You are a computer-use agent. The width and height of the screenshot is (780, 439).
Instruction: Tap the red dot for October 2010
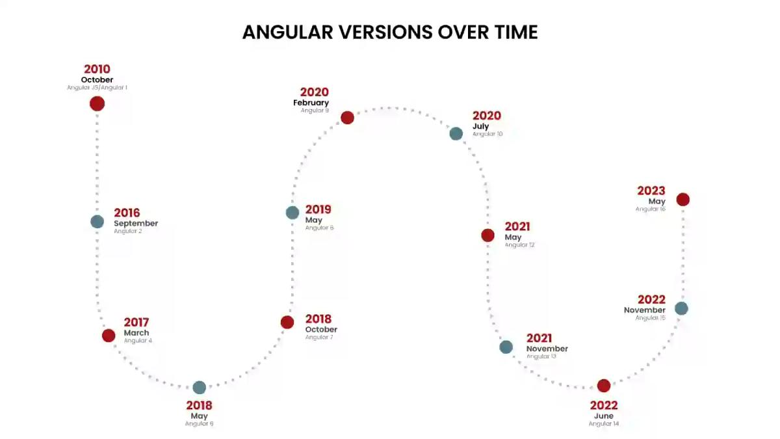coord(97,103)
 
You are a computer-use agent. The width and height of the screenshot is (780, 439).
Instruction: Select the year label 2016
coord(127,213)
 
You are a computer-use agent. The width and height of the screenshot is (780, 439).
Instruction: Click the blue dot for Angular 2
coord(97,222)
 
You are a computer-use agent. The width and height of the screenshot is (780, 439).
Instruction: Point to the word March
coord(136,333)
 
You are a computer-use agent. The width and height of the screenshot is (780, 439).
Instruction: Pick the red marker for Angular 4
coord(109,336)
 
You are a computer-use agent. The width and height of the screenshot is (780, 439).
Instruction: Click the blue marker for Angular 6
coord(200,388)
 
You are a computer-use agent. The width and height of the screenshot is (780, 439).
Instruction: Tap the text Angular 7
coord(319,338)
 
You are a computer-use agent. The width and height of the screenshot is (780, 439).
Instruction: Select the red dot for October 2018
coord(287,322)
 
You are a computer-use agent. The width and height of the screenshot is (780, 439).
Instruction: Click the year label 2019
coord(318,209)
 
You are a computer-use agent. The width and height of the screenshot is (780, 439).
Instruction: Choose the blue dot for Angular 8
coord(292,213)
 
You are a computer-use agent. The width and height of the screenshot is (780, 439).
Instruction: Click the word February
coord(311,103)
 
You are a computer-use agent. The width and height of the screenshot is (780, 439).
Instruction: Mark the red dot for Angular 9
coord(347,118)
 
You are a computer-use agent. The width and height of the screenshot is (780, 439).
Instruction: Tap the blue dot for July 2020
coord(456,133)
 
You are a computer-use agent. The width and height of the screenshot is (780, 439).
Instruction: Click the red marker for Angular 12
coord(487,235)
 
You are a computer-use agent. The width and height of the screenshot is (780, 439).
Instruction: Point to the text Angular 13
coord(541,356)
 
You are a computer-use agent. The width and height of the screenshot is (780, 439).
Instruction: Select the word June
coord(603,416)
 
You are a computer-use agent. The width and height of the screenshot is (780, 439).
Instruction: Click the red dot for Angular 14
coord(604,386)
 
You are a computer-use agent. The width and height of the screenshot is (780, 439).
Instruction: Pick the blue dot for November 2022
coord(681,308)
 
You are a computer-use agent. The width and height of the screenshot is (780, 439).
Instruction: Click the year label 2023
coord(651,191)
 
